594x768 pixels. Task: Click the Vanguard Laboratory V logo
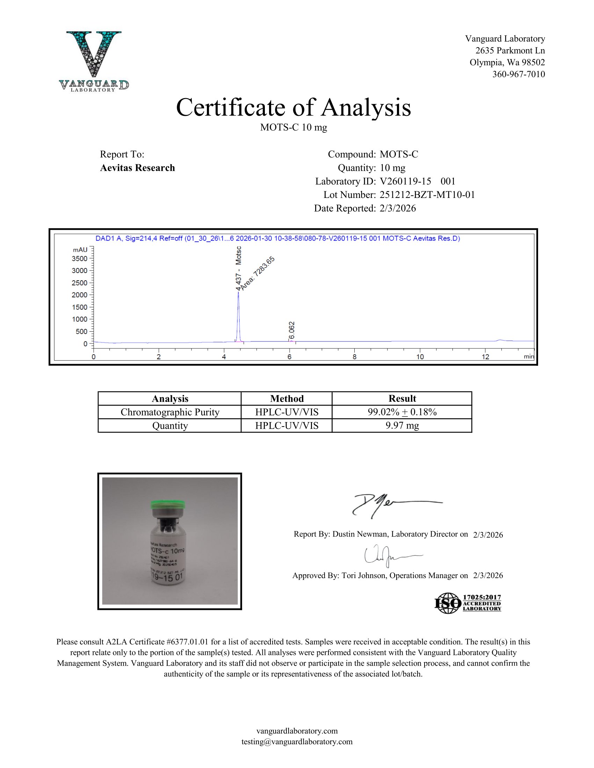pyautogui.click(x=94, y=60)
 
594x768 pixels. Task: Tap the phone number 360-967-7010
pyautogui.click(x=518, y=74)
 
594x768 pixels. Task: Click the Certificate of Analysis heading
pyautogui.click(x=294, y=107)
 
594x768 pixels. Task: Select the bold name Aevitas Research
pyautogui.click(x=137, y=168)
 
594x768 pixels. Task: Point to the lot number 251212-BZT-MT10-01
pyautogui.click(x=427, y=195)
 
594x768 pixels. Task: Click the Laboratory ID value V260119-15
pyautogui.click(x=405, y=182)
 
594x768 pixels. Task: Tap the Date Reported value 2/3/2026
pyautogui.click(x=398, y=208)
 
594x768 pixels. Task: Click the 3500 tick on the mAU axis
pyautogui.click(x=80, y=258)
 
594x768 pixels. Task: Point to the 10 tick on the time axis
pyautogui.click(x=420, y=356)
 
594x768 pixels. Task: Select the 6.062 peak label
pyautogui.click(x=291, y=330)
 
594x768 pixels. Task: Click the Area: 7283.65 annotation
pyautogui.click(x=258, y=273)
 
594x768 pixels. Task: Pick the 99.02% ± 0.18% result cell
pyautogui.click(x=402, y=412)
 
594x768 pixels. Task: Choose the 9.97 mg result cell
pyautogui.click(x=402, y=426)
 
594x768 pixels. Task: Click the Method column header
pyautogui.click(x=287, y=399)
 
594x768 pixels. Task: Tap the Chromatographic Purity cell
pyautogui.click(x=169, y=412)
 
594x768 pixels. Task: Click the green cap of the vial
pyautogui.click(x=168, y=505)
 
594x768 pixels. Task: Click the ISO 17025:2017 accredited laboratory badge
pyautogui.click(x=468, y=604)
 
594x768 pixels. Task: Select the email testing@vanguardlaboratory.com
pyautogui.click(x=297, y=741)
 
